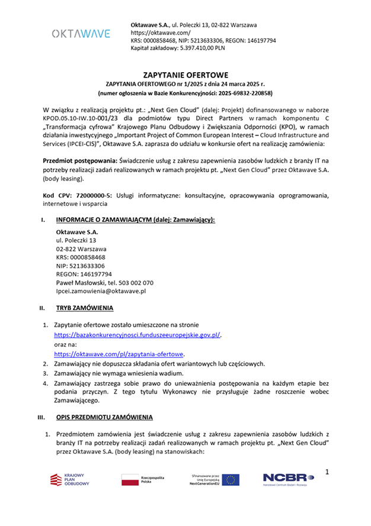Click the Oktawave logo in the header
(x=81, y=34)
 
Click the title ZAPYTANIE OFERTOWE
(x=185, y=75)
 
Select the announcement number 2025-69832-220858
(x=239, y=93)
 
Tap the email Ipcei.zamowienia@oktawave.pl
(x=101, y=291)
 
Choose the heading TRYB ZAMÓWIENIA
(x=85, y=308)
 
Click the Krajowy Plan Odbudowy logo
(x=69, y=479)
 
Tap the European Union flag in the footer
(x=231, y=479)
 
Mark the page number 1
(x=327, y=471)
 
